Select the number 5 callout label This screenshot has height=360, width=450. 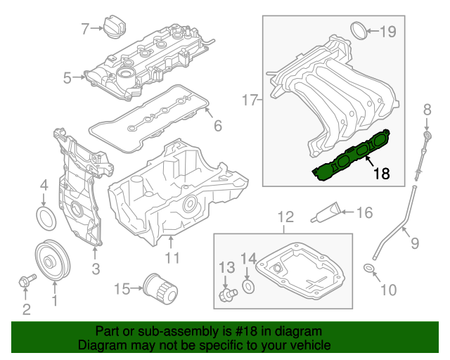[67, 78]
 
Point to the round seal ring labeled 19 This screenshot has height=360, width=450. [359, 30]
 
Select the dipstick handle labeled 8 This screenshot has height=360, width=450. [426, 134]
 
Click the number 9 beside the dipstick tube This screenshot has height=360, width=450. [414, 243]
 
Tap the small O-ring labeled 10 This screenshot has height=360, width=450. [368, 270]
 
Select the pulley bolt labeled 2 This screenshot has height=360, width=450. [25, 282]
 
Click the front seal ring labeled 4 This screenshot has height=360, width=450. [44, 217]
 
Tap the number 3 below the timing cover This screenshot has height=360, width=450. [96, 268]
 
